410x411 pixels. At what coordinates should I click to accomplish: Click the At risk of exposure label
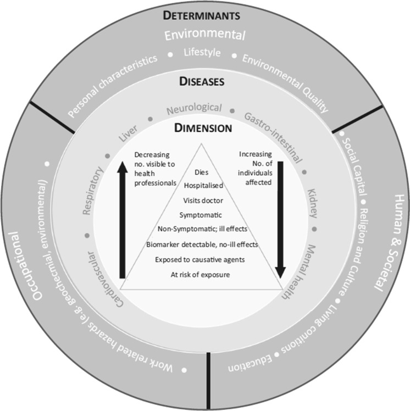coord(200,273)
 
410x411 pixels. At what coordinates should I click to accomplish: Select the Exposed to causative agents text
coord(200,259)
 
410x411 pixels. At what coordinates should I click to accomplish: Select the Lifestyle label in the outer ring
coord(202,53)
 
